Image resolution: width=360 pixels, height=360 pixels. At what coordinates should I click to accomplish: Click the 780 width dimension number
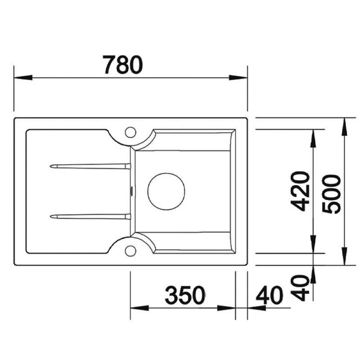(122, 65)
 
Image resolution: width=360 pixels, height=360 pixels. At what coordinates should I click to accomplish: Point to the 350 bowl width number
(185, 296)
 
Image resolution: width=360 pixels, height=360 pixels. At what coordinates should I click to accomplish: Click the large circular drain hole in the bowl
(166, 191)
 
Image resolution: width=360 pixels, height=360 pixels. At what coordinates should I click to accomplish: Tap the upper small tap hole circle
(130, 132)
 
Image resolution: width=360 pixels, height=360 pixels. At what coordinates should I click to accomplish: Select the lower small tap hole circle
(130, 250)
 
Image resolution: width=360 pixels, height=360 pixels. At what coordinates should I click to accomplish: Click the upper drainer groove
(90, 166)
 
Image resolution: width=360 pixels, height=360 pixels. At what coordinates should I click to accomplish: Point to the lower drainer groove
(90, 216)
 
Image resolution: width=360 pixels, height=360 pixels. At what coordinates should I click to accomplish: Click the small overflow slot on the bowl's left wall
(131, 191)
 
